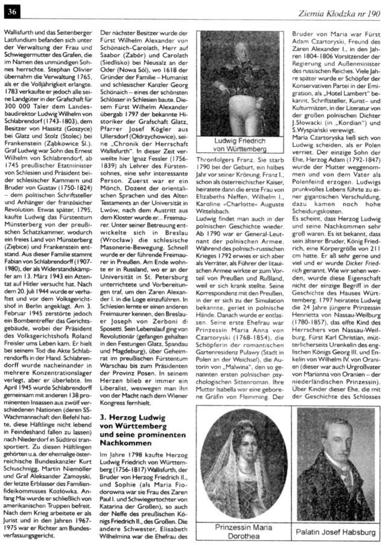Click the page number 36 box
(x=12, y=8)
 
